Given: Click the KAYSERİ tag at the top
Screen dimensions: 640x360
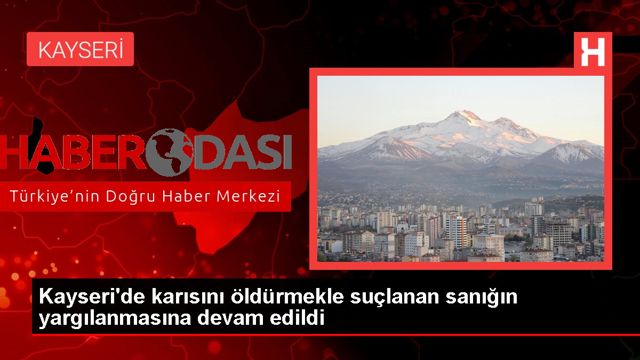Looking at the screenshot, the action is (81, 49).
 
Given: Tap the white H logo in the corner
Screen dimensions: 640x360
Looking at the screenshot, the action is (593, 52).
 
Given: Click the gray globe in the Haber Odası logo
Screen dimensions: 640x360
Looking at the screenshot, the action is (170, 152).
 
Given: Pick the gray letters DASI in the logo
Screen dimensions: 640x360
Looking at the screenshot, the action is (242, 153).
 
